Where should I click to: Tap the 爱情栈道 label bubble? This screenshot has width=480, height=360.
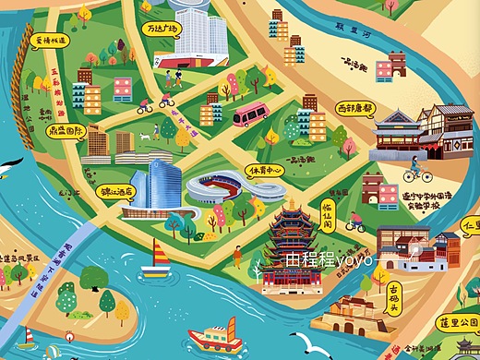coord(50,42)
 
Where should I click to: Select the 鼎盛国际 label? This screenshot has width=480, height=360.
coord(67,132)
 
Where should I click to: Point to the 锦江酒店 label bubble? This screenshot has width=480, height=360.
coord(116,193)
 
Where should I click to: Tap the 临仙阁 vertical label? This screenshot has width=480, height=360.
coord(327,214)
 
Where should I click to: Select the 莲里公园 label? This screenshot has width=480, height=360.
coord(459,322)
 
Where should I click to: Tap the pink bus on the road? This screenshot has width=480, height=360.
coord(250,115)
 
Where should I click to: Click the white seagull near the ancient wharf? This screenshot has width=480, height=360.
coord(306,342)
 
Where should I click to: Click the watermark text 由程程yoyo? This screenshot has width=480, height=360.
coord(330,260)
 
